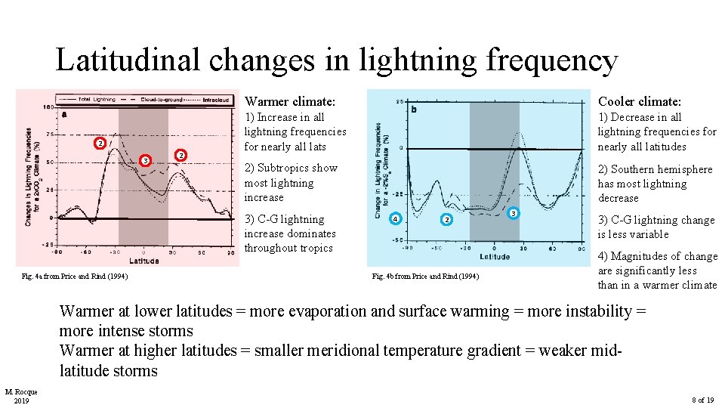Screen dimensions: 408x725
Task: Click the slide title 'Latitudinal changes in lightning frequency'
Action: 336,60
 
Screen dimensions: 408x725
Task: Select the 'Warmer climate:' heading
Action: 290,101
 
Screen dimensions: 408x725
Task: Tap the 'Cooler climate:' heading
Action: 640,101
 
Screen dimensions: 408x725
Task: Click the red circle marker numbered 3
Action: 145,160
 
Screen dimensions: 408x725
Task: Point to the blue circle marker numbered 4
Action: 393,220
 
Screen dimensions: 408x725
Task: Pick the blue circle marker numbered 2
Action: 446,220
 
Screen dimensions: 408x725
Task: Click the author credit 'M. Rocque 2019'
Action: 21,395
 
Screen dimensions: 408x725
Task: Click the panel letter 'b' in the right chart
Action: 414,110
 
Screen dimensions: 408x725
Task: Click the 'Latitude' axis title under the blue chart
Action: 494,257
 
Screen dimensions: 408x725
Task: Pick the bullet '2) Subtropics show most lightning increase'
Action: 291,182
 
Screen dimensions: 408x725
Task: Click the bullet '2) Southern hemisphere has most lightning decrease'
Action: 655,184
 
